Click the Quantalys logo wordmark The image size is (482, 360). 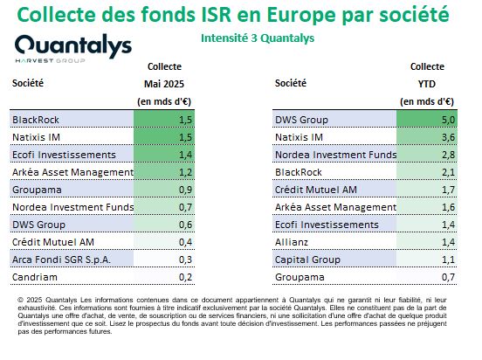click(x=73, y=46)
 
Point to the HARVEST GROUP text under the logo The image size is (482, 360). click(x=50, y=60)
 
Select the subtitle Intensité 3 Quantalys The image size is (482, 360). click(x=258, y=38)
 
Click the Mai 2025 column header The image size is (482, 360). click(x=164, y=84)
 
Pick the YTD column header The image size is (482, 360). click(x=427, y=84)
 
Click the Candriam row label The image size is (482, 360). click(x=35, y=277)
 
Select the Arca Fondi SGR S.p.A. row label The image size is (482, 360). click(x=61, y=260)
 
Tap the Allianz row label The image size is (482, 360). click(x=292, y=242)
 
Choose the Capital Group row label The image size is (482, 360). click(x=307, y=260)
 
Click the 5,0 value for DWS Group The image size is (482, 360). click(x=448, y=120)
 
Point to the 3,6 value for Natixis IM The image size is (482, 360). click(x=448, y=137)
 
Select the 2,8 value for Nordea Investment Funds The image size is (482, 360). click(x=448, y=155)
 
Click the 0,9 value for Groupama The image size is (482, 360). click(x=185, y=190)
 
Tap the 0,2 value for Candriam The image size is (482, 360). click(x=185, y=277)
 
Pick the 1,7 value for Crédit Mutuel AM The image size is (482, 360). click(x=448, y=190)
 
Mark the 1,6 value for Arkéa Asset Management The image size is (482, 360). click(x=448, y=207)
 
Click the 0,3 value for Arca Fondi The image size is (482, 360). click(x=185, y=260)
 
